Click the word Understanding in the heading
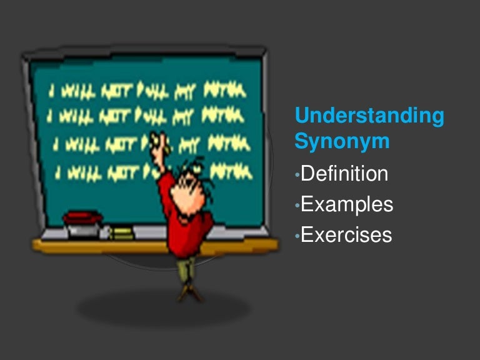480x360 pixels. point(369,116)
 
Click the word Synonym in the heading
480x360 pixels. point(342,142)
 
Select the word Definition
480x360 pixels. point(344,173)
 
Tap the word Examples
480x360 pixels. point(347,204)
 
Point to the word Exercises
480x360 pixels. point(346,234)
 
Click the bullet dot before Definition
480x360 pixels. point(297,174)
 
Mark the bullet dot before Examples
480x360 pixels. point(297,205)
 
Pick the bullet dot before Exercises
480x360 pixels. point(297,236)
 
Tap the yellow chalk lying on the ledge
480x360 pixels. point(121,233)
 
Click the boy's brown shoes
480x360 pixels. point(186,293)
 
